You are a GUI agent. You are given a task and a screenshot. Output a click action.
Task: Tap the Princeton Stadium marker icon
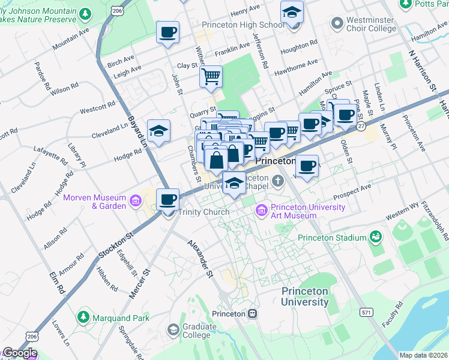point(376,238)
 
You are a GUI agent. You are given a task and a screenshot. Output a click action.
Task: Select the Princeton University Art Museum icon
point(262,211)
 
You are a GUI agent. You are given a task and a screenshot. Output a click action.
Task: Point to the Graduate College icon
point(173,330)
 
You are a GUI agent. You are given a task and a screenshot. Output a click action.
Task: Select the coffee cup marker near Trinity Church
point(168,199)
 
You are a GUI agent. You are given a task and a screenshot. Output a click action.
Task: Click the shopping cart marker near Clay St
point(211,76)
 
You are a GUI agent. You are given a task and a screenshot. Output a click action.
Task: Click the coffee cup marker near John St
point(168,32)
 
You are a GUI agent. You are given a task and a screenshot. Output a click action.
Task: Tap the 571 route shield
point(366,313)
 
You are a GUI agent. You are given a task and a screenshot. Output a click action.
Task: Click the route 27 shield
point(361,127)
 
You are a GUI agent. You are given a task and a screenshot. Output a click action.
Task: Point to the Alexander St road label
point(200,258)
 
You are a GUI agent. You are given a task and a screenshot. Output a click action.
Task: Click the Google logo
point(19,353)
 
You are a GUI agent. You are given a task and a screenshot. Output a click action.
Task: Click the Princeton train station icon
point(253,314)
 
